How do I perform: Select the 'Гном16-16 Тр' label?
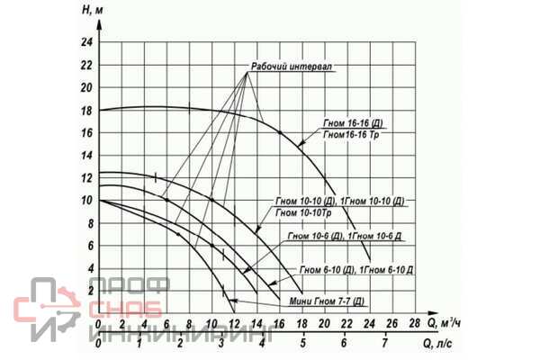(356, 135)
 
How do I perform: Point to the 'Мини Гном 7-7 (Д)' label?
(327, 301)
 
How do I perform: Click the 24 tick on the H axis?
(86, 43)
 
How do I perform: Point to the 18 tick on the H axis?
(86, 111)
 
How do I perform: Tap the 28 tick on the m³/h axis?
(414, 321)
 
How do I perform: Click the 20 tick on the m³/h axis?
(324, 321)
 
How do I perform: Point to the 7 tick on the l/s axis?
(384, 344)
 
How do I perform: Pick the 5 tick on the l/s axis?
(302, 344)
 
